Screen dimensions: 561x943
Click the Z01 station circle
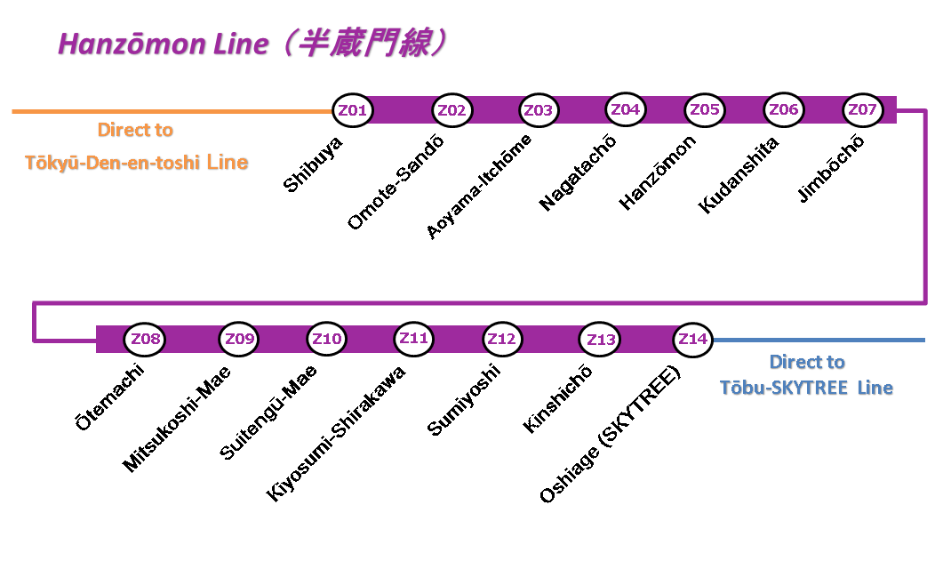point(353,111)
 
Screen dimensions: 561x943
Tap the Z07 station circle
point(862,110)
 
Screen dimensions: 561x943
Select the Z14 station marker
point(692,340)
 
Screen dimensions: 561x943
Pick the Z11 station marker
point(414,339)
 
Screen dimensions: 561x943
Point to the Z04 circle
point(625,109)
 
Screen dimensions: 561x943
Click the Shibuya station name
point(313,164)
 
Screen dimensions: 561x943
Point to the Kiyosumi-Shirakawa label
point(337,434)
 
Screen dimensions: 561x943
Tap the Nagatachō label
point(578,172)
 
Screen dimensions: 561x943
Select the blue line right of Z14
point(818,340)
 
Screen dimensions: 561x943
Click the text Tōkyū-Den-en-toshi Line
point(136,163)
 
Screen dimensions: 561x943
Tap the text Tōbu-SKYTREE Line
point(806,388)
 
